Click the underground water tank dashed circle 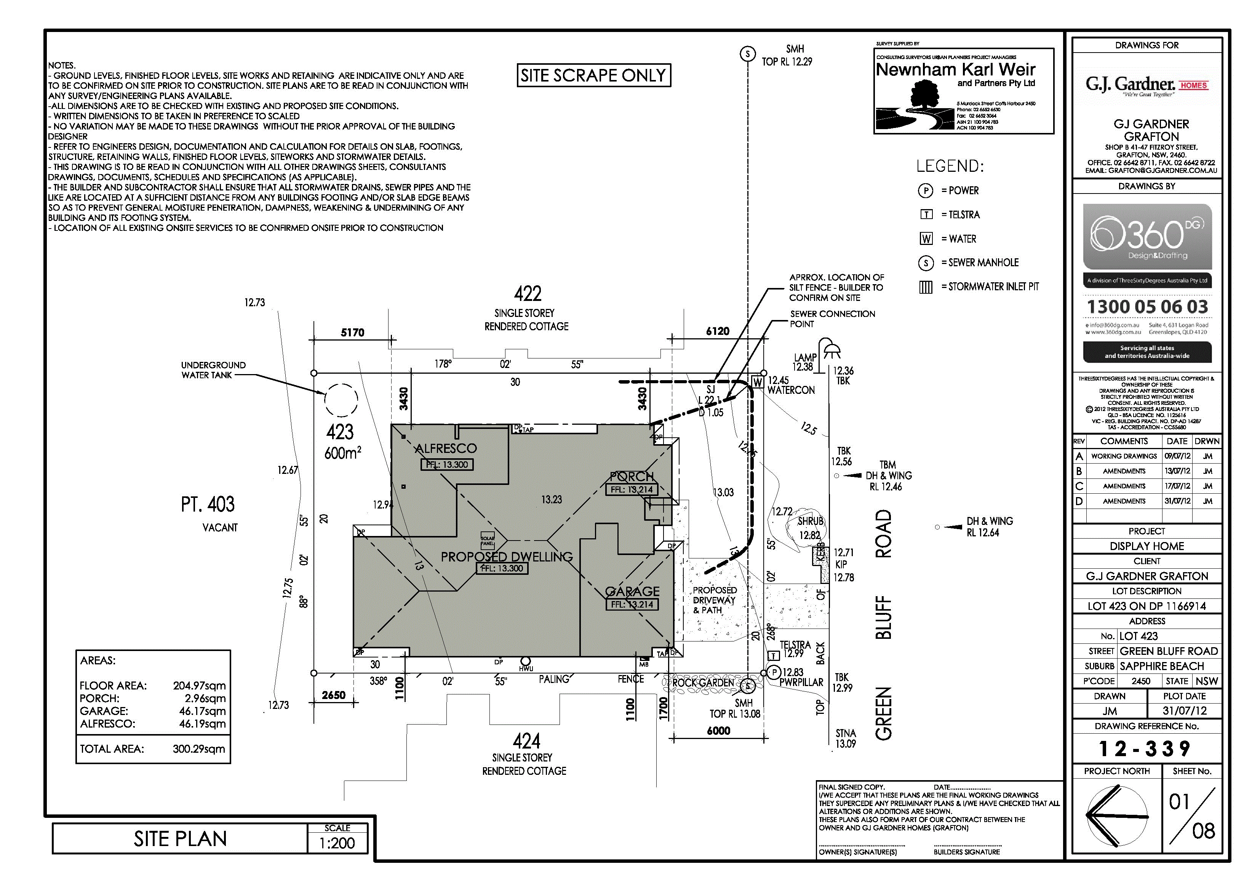[x=341, y=400]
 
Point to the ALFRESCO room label [x=446, y=448]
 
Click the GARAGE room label [x=632, y=591]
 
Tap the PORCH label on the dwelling [x=632, y=477]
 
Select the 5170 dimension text [x=352, y=332]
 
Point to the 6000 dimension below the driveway [x=718, y=731]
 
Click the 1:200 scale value [x=337, y=843]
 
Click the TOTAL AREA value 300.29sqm [x=199, y=749]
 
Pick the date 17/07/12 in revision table [x=1177, y=486]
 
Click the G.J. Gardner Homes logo [x=1146, y=85]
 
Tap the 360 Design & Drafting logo [x=1146, y=237]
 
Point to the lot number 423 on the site [x=340, y=433]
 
